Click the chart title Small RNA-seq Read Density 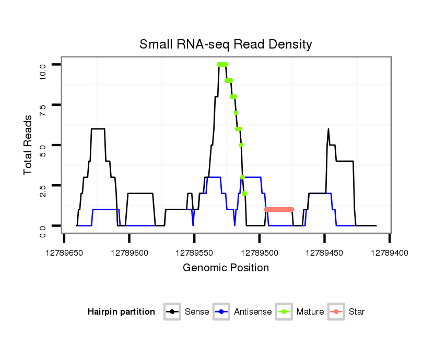point(226,44)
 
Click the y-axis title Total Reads point(29,145)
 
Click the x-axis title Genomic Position point(226,268)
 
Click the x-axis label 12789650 point(64,252)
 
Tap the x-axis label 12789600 point(130,252)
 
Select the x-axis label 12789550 point(195,252)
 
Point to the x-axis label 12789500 point(260,252)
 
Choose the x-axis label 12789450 point(325,252)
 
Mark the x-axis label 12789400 point(390,252)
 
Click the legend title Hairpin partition point(121,312)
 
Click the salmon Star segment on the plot point(279,209)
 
